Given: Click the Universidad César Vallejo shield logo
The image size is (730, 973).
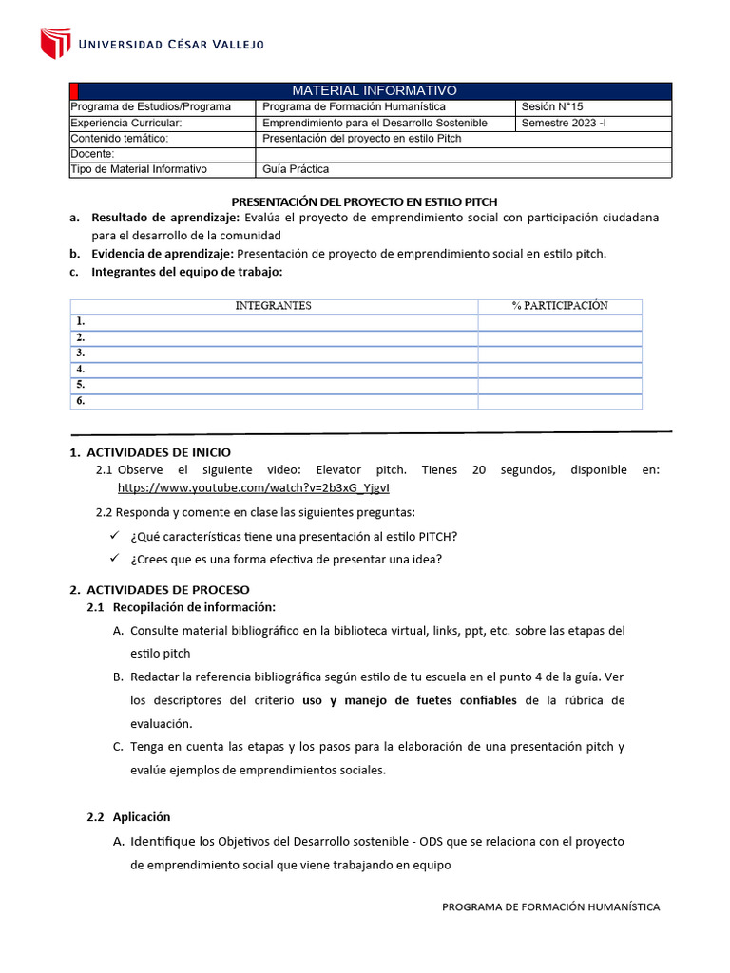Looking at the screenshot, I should (55, 43).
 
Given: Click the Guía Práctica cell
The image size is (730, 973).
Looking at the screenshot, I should (296, 169).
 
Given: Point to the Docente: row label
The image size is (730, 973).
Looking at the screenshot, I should (92, 154).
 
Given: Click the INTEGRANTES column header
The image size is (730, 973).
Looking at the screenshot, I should (273, 306).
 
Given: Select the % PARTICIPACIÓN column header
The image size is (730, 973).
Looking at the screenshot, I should (559, 306).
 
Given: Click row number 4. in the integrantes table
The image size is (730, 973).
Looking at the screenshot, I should (82, 370).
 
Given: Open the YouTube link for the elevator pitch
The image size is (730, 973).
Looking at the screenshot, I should (253, 487).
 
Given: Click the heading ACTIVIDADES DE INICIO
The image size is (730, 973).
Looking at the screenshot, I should (159, 452).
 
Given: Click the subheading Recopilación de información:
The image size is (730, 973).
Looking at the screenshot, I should (194, 607).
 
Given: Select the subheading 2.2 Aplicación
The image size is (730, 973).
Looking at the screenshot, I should (128, 816).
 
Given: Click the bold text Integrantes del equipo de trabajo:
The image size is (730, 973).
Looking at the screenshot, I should (186, 272).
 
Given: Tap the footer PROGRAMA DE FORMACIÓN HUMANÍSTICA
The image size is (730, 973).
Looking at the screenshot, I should (550, 906).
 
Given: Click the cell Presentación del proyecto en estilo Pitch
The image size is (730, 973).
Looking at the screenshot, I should (361, 138).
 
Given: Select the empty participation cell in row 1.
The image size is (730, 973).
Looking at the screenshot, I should (559, 322).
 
